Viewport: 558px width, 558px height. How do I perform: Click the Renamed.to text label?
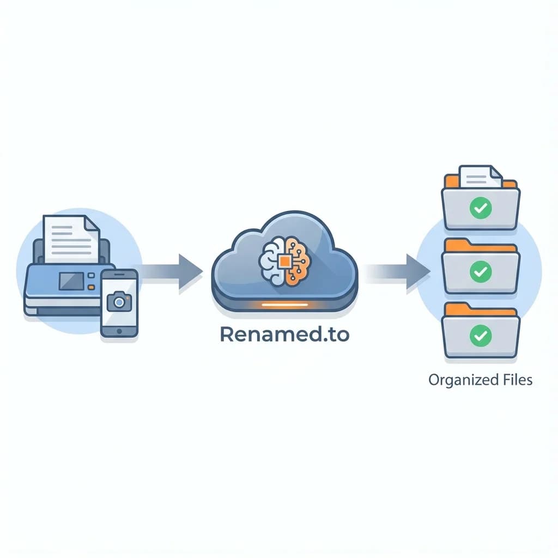pyautogui.click(x=284, y=335)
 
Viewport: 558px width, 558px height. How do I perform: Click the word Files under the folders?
pyautogui.click(x=515, y=380)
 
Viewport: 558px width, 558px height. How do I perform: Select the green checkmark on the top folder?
pyautogui.click(x=481, y=208)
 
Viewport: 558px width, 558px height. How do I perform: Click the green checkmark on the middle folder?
pyautogui.click(x=481, y=271)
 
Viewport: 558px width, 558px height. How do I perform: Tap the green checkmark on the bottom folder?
pyautogui.click(x=481, y=335)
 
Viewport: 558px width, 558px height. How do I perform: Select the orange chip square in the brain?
pyautogui.click(x=284, y=261)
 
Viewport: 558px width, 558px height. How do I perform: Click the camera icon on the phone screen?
pyautogui.click(x=118, y=301)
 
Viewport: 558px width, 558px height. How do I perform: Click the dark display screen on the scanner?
pyautogui.click(x=71, y=281)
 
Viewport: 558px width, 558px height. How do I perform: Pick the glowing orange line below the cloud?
pyautogui.click(x=284, y=305)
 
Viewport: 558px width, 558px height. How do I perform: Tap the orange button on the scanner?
pyautogui.click(x=92, y=286)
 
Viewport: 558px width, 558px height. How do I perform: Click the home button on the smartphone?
pyautogui.click(x=119, y=331)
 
